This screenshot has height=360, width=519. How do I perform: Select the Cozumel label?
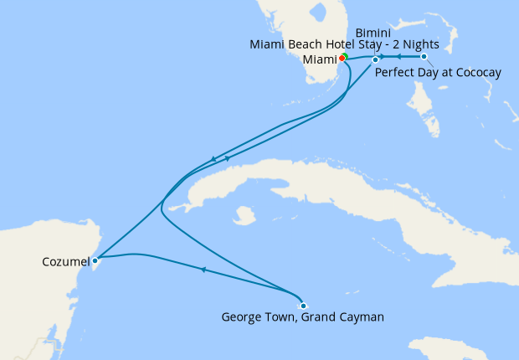click(x=65, y=263)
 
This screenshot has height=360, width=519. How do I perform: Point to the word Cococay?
click(x=475, y=73)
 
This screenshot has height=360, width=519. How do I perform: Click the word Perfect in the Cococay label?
click(x=394, y=73)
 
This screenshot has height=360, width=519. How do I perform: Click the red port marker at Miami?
click(x=342, y=58)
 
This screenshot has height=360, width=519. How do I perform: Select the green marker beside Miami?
click(x=346, y=56)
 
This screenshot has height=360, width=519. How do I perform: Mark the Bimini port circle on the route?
click(x=375, y=59)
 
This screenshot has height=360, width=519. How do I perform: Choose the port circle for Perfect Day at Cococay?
click(x=424, y=57)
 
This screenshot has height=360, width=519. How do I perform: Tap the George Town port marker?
click(x=303, y=306)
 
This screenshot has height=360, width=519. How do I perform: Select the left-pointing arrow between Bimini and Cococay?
click(x=399, y=57)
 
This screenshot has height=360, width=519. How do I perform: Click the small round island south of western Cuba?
click(x=244, y=216)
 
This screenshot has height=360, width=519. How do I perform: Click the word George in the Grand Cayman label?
click(x=242, y=317)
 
